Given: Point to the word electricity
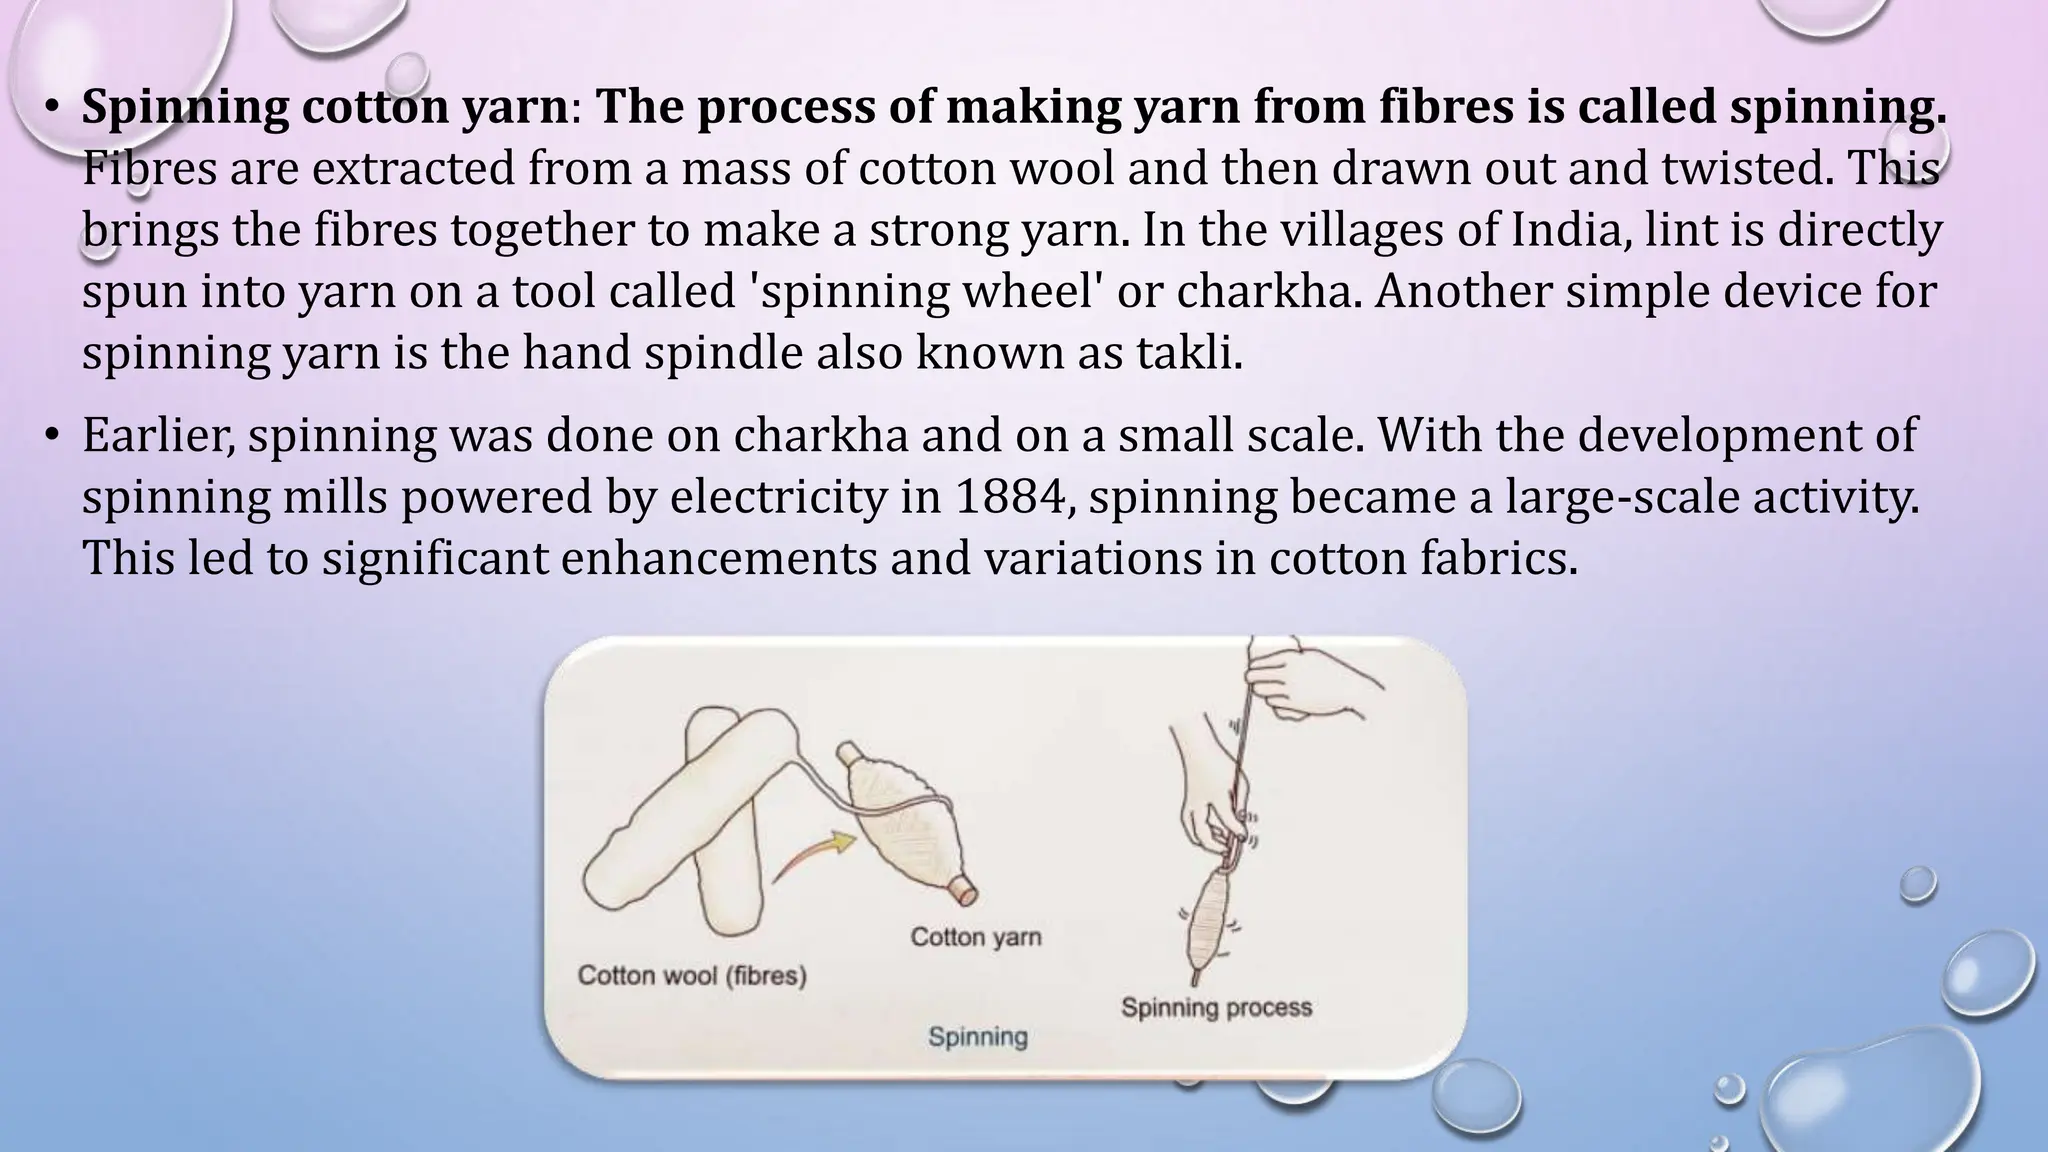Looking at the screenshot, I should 777,497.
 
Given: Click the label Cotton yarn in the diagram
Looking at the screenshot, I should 976,937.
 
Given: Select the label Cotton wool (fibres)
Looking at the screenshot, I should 692,975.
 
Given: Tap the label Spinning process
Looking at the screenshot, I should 1216,1007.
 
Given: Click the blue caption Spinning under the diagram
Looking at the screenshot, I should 977,1036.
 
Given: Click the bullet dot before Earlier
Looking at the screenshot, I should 52,436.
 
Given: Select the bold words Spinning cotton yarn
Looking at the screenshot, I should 324,107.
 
